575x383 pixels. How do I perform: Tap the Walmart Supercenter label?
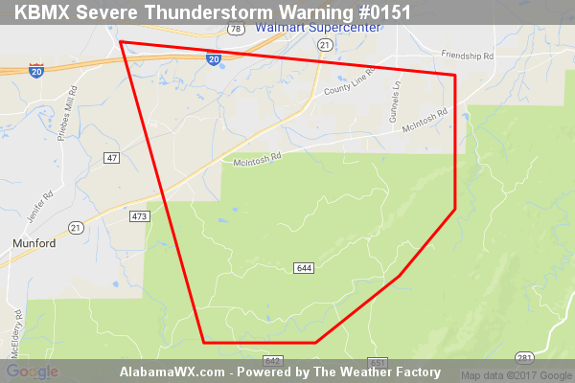coord(317,28)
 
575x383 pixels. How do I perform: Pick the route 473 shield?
coord(139,217)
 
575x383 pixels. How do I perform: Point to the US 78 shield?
coord(234,30)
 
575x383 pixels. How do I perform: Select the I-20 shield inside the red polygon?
coord(213,58)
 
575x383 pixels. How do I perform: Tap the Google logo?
coord(32,372)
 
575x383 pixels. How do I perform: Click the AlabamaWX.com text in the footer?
coord(172,372)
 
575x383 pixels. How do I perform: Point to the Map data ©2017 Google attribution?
coord(514,373)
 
